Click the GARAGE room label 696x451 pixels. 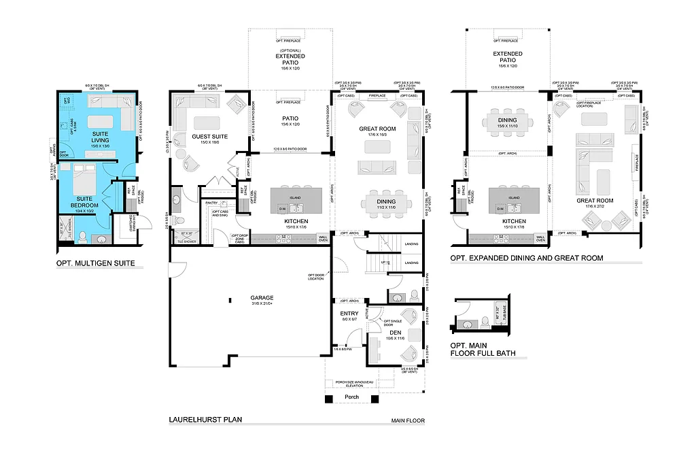coord(262,297)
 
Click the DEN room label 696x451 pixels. coord(396,332)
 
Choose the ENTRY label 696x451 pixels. coord(349,313)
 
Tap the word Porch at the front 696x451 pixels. coord(351,397)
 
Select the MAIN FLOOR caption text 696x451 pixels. coord(408,421)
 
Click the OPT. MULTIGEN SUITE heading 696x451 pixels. coord(95,263)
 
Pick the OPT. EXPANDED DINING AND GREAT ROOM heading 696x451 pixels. coord(526,258)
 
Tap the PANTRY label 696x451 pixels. coord(212,202)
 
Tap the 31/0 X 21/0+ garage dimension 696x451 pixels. coord(262,304)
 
